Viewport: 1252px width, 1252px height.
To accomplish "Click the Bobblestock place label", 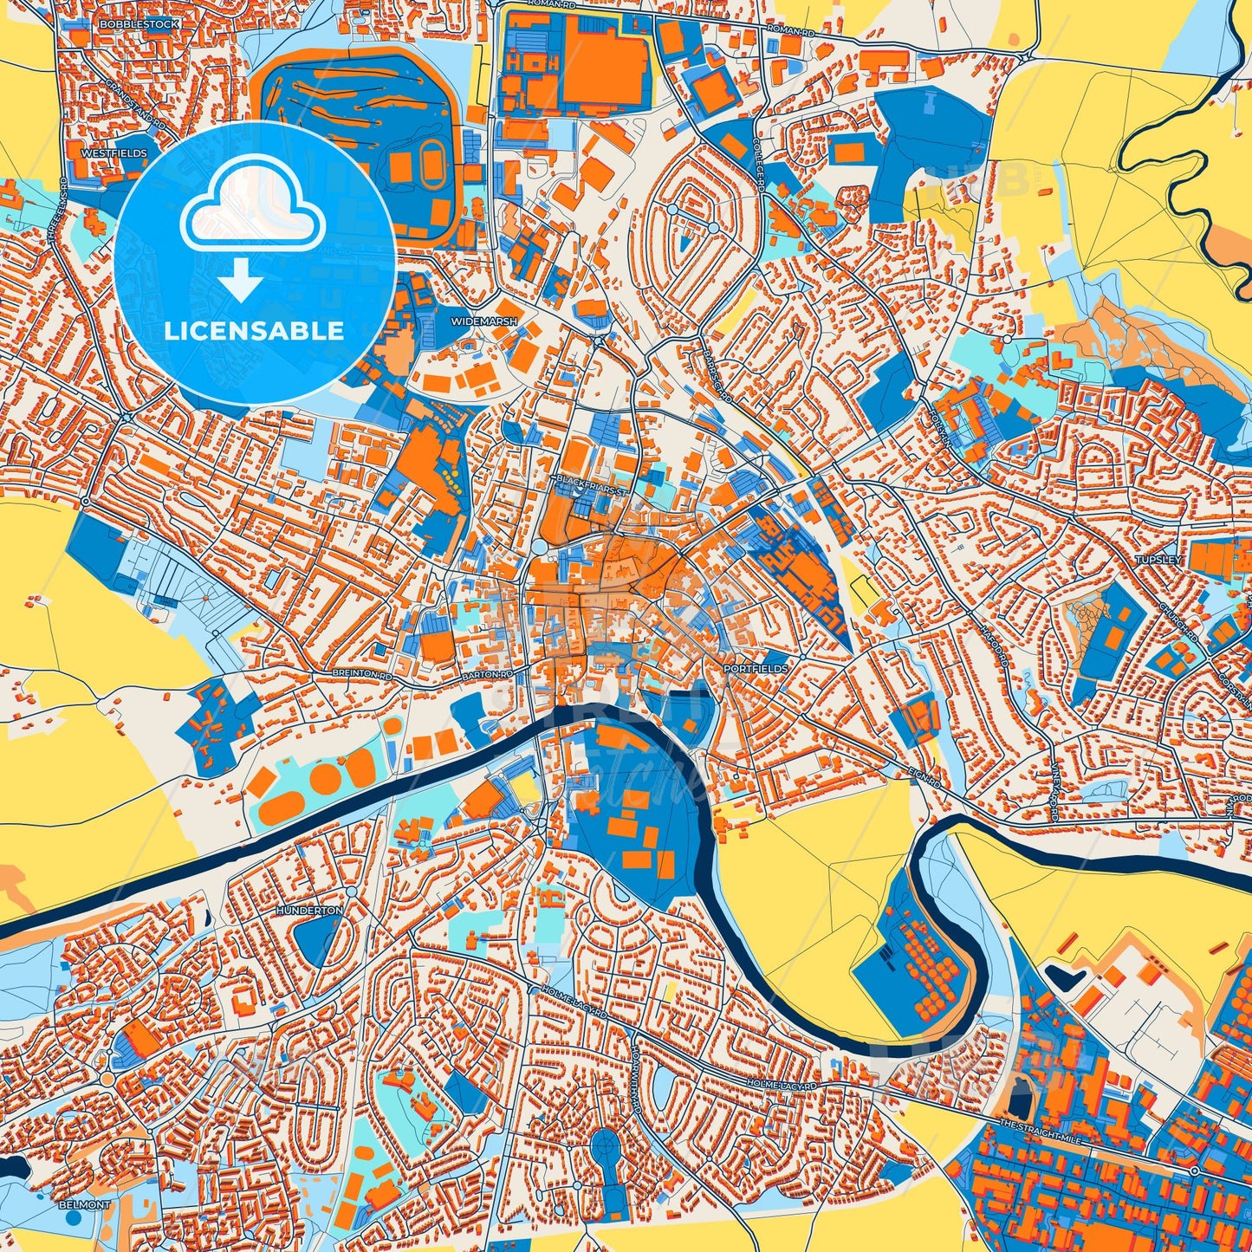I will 139,24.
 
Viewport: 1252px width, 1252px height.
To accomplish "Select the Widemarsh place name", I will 483,321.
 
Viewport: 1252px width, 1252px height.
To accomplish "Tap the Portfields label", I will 756,669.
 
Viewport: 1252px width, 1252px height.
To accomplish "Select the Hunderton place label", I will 309,911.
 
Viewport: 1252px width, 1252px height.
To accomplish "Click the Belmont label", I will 85,1204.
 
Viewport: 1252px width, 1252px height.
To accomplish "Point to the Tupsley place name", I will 1158,560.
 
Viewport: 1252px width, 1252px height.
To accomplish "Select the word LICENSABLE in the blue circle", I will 254,331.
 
